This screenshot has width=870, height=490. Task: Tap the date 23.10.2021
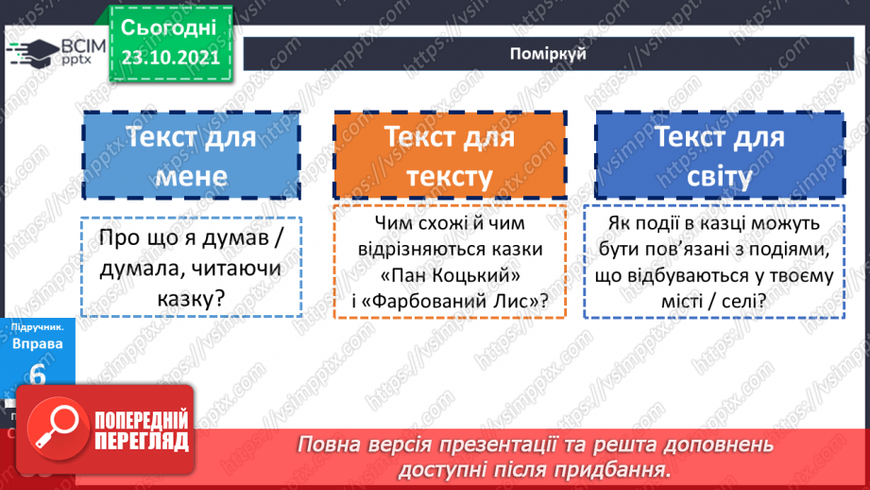point(171,57)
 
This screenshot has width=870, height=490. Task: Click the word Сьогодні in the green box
point(169,26)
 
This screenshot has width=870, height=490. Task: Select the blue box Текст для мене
point(191,156)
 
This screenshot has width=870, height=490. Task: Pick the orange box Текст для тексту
point(449,156)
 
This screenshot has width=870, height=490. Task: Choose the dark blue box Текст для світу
point(720,156)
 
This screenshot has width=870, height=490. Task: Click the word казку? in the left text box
point(192,299)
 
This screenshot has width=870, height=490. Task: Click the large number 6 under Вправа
point(38,374)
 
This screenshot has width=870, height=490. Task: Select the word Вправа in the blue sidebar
point(38,343)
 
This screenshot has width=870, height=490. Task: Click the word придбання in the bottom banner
point(619,468)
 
